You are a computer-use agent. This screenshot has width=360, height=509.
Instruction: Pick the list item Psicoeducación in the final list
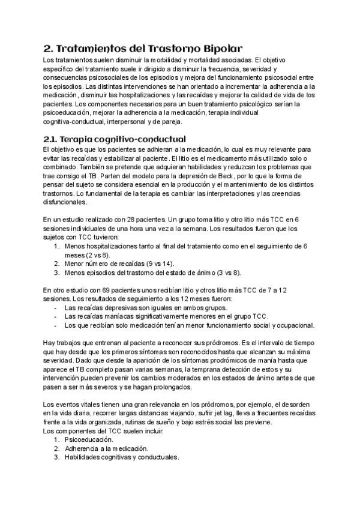[89, 439]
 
